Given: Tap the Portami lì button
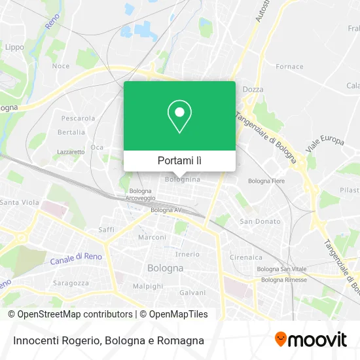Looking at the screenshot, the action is [x=179, y=160].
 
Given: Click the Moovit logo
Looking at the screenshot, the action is [x=311, y=340].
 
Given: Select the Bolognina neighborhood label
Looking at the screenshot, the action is [x=183, y=179].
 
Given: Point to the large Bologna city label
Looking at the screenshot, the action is [x=165, y=268].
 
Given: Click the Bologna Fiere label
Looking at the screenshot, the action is [x=266, y=180].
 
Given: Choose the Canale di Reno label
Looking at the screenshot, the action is [x=76, y=259].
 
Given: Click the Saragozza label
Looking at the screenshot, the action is [x=71, y=283].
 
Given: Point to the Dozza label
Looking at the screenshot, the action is [x=253, y=89].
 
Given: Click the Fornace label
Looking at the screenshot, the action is [x=289, y=67].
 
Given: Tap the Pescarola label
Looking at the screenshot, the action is [x=78, y=118].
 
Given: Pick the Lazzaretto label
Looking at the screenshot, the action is [x=71, y=151].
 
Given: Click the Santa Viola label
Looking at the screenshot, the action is [x=19, y=203].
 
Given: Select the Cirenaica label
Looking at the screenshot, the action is [x=245, y=257].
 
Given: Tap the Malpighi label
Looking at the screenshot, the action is [x=147, y=286].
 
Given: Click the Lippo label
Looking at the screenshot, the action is [x=14, y=47].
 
